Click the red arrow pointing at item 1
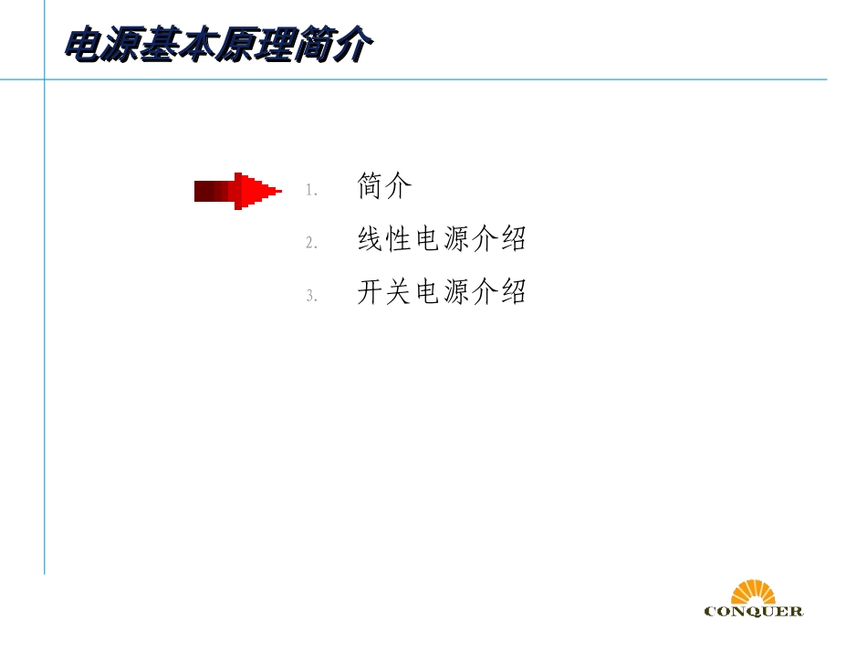tap(235, 191)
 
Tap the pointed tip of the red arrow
tap(278, 191)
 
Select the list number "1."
tap(310, 191)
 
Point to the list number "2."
tap(310, 243)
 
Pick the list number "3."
tap(310, 296)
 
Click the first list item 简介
tap(384, 187)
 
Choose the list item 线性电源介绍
tap(442, 239)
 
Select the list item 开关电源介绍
tap(442, 292)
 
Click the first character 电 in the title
tap(82, 46)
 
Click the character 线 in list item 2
tap(371, 239)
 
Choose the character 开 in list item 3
tap(371, 292)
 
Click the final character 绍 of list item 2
tap(513, 239)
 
